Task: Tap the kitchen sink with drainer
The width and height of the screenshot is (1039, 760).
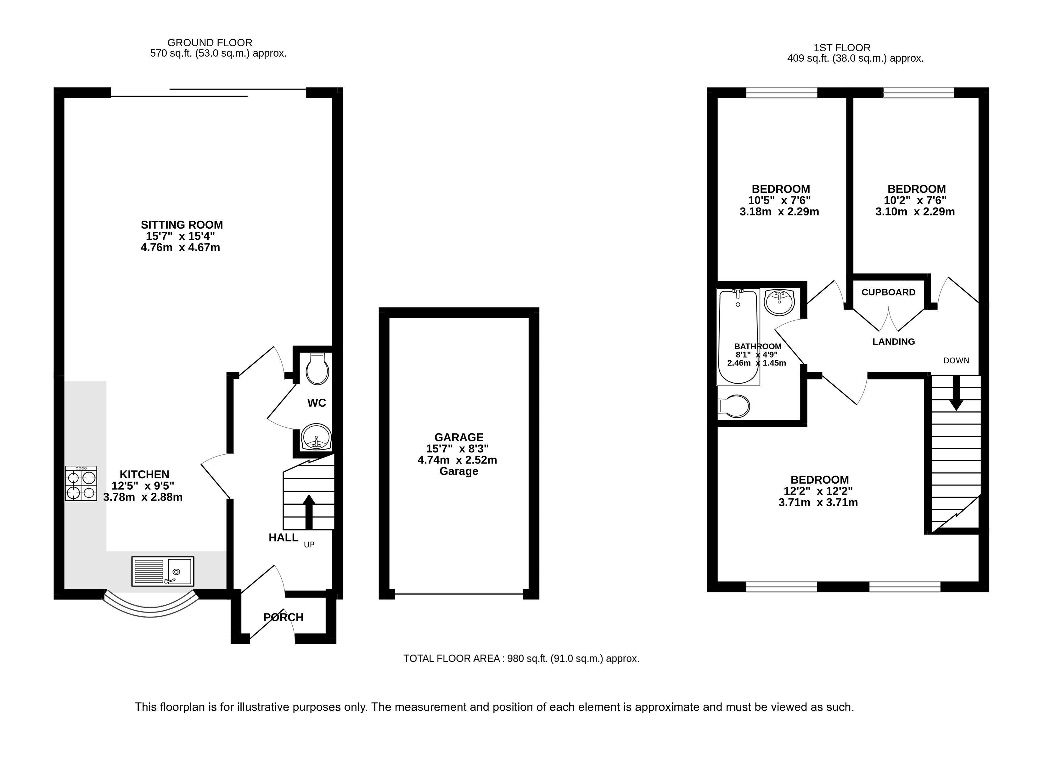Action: (162, 571)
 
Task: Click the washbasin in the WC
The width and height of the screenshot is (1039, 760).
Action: (316, 437)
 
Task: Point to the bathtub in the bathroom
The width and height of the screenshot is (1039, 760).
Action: (738, 337)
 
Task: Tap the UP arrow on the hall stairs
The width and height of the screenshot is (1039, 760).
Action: (308, 512)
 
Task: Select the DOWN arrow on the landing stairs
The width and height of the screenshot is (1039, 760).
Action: (956, 392)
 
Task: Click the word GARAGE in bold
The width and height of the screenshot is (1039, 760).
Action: (459, 437)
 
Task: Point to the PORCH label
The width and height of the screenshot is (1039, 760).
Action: (283, 617)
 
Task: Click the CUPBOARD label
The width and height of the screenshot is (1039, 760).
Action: (889, 292)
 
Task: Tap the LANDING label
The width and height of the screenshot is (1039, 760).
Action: (894, 341)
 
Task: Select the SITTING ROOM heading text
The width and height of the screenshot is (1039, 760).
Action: (182, 225)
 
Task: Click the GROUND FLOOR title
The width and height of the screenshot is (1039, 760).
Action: (210, 43)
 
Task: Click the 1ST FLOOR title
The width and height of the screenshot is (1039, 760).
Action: (842, 48)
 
